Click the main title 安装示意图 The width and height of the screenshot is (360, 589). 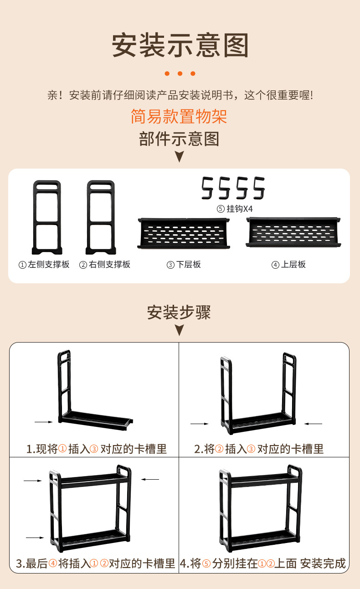180,45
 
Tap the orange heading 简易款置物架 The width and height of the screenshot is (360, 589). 179,117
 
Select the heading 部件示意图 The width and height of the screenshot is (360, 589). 179,138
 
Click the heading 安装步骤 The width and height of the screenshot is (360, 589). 179,313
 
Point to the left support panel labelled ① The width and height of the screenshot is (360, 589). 46,218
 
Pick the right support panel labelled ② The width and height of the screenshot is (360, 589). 101,218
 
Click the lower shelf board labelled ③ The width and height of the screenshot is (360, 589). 183,233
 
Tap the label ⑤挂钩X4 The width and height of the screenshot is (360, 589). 234,209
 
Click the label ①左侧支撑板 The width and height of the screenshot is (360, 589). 44,265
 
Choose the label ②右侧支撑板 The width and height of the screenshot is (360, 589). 105,265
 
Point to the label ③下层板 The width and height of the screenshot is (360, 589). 184,265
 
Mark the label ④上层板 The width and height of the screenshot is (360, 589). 288,265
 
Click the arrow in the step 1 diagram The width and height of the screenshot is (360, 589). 44,422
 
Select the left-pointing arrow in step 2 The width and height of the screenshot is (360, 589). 313,424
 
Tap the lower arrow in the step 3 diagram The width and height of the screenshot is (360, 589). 35,538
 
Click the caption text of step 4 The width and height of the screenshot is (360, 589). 263,563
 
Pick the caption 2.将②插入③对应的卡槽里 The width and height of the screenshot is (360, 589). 259,449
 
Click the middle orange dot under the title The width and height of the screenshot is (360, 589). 180,73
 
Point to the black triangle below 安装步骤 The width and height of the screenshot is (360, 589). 179,330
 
